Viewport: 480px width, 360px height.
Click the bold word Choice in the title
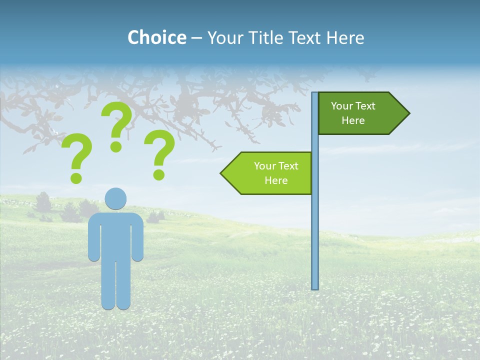[x=156, y=37]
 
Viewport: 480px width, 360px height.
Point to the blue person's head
[x=115, y=198]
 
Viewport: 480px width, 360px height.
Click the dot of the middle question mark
[x=116, y=146]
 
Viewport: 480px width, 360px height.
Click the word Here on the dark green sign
[x=353, y=120]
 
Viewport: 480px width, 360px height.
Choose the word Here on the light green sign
[x=276, y=180]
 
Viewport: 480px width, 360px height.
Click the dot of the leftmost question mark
[x=76, y=177]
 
